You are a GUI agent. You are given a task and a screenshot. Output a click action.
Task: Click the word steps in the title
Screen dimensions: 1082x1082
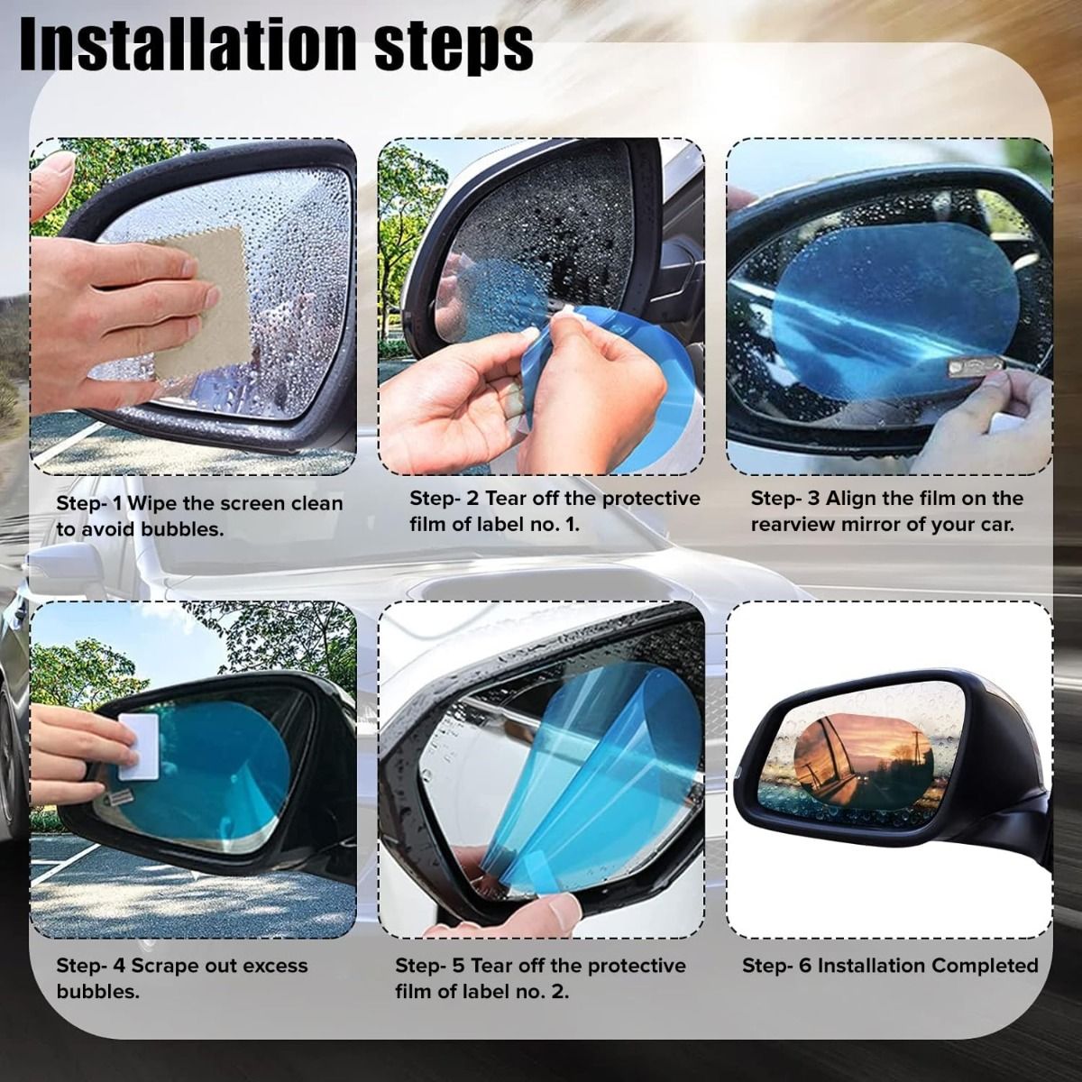[454, 50]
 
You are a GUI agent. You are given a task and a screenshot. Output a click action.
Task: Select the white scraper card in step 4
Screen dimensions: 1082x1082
[138, 747]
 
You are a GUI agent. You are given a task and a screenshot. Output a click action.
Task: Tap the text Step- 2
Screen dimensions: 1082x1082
[444, 498]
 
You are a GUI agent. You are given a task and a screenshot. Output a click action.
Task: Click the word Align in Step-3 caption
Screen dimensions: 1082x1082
[851, 500]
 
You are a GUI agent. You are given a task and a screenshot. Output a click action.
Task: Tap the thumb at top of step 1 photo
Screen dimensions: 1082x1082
[51, 185]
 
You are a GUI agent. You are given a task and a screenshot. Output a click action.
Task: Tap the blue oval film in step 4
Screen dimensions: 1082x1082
[202, 775]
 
